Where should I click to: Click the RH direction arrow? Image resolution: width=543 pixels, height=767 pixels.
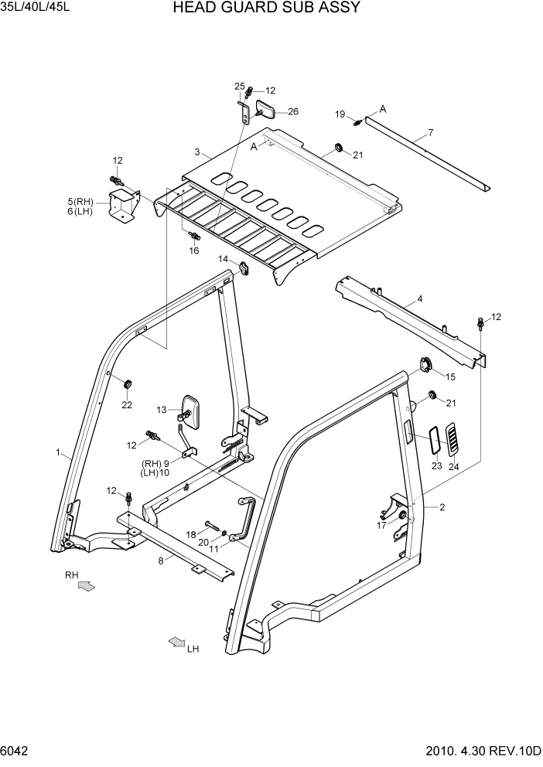pos(87,587)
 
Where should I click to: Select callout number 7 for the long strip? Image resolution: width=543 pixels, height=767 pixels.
pos(431,132)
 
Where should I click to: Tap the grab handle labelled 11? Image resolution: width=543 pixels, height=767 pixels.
pos(247,522)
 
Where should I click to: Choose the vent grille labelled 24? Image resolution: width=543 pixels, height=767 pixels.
pos(452,438)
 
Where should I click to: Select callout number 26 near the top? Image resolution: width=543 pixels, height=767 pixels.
pos(293,111)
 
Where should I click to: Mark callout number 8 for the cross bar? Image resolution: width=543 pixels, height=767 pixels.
pos(161,561)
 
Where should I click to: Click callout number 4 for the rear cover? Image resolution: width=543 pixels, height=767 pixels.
pos(419,298)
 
